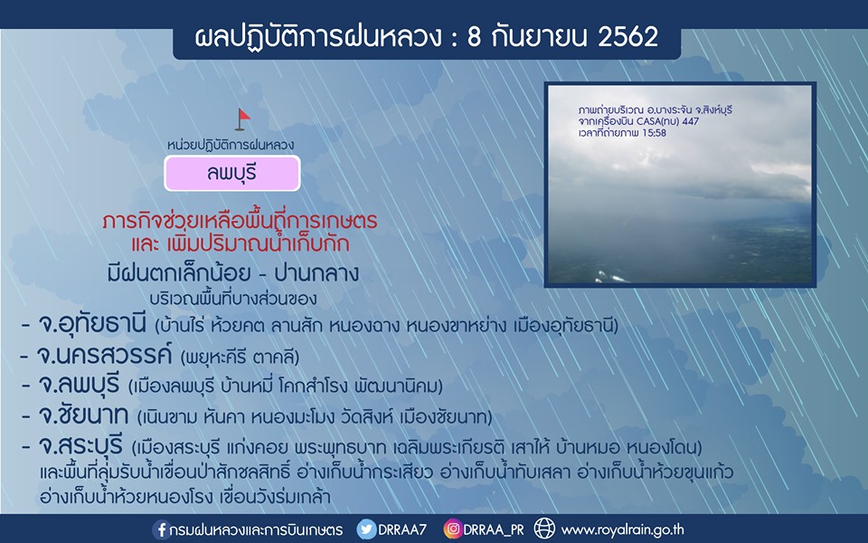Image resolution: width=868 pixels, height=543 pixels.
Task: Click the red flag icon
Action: point(242,119)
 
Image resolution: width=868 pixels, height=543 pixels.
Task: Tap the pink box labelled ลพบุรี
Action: point(232,174)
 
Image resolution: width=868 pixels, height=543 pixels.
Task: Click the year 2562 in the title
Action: point(627,37)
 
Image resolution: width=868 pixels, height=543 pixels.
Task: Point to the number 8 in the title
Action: point(475,37)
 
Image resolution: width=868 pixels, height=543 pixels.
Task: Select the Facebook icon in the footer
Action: point(161,529)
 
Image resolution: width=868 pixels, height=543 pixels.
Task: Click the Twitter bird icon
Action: point(366,529)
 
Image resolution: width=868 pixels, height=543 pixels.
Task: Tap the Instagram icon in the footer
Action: point(452,529)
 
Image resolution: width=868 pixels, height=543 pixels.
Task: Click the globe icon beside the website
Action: point(544,529)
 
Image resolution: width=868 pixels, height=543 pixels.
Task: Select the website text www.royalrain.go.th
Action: point(622,530)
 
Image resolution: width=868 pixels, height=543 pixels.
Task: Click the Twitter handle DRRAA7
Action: point(402,529)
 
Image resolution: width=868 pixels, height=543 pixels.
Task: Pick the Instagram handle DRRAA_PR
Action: point(494,530)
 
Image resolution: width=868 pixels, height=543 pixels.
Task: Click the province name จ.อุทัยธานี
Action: point(92,324)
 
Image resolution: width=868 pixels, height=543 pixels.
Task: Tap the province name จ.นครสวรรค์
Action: point(105,355)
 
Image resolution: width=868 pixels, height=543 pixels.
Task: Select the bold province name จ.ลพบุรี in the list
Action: point(79,385)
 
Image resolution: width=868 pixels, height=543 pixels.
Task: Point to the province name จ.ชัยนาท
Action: point(83,415)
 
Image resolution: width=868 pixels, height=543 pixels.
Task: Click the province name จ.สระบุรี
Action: point(80,445)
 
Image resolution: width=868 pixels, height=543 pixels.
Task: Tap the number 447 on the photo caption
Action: point(691,120)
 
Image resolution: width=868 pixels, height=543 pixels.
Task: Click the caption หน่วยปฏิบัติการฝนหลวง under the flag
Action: point(231,145)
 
